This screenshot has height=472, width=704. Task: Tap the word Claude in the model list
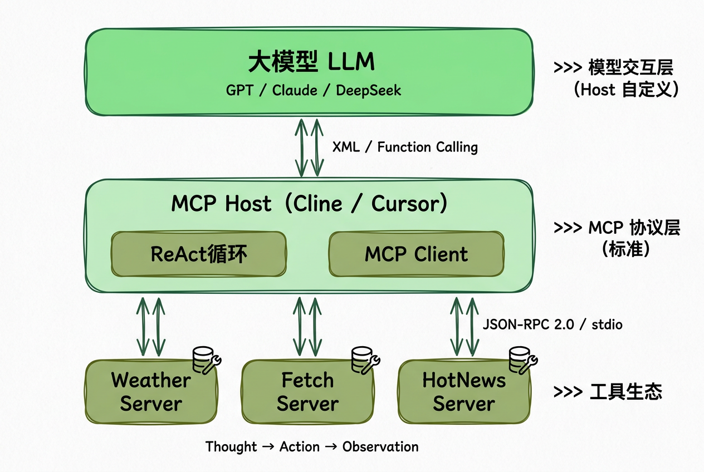click(x=295, y=90)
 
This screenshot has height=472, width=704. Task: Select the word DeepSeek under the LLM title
click(x=368, y=90)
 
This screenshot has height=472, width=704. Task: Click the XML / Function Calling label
click(x=405, y=147)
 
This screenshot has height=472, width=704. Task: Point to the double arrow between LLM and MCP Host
click(x=309, y=147)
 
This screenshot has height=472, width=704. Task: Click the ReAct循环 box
click(x=199, y=254)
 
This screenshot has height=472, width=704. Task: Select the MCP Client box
click(x=416, y=254)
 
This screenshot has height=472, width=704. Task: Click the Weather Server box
click(x=150, y=392)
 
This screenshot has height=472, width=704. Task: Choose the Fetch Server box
click(x=307, y=392)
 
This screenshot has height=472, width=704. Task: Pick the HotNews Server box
click(x=464, y=392)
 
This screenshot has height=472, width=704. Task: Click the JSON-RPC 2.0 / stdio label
click(x=551, y=324)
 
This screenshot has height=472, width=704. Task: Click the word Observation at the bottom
click(x=380, y=446)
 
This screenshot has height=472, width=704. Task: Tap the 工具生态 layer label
click(x=625, y=392)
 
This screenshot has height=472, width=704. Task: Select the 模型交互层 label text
click(x=630, y=68)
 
